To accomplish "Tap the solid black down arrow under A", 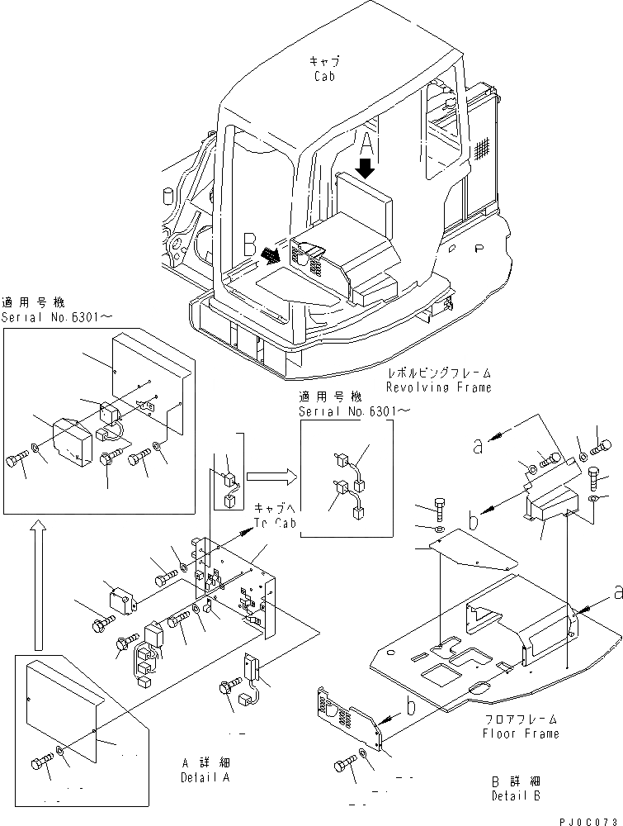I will point(366,167).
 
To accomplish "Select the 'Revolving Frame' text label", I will point(438,387).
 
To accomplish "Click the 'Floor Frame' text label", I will point(521,733).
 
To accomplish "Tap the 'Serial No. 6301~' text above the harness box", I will point(346,410).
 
